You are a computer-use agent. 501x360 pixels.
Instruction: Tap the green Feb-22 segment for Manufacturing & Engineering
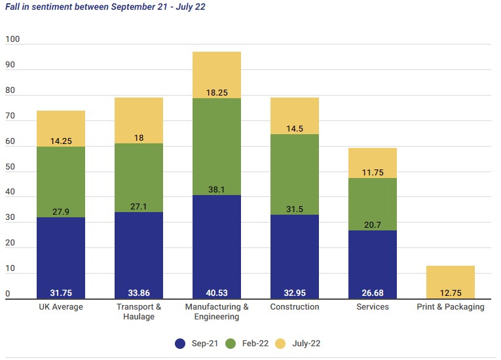click(x=217, y=147)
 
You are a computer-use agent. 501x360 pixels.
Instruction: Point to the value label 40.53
click(x=217, y=292)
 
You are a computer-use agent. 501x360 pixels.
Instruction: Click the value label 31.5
click(x=294, y=209)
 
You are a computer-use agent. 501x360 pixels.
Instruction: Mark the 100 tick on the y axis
click(x=12, y=39)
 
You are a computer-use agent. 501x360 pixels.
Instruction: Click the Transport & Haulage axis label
click(x=139, y=312)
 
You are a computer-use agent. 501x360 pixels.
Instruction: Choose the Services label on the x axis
click(x=372, y=307)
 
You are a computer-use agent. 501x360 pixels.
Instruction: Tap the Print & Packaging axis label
click(x=451, y=307)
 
